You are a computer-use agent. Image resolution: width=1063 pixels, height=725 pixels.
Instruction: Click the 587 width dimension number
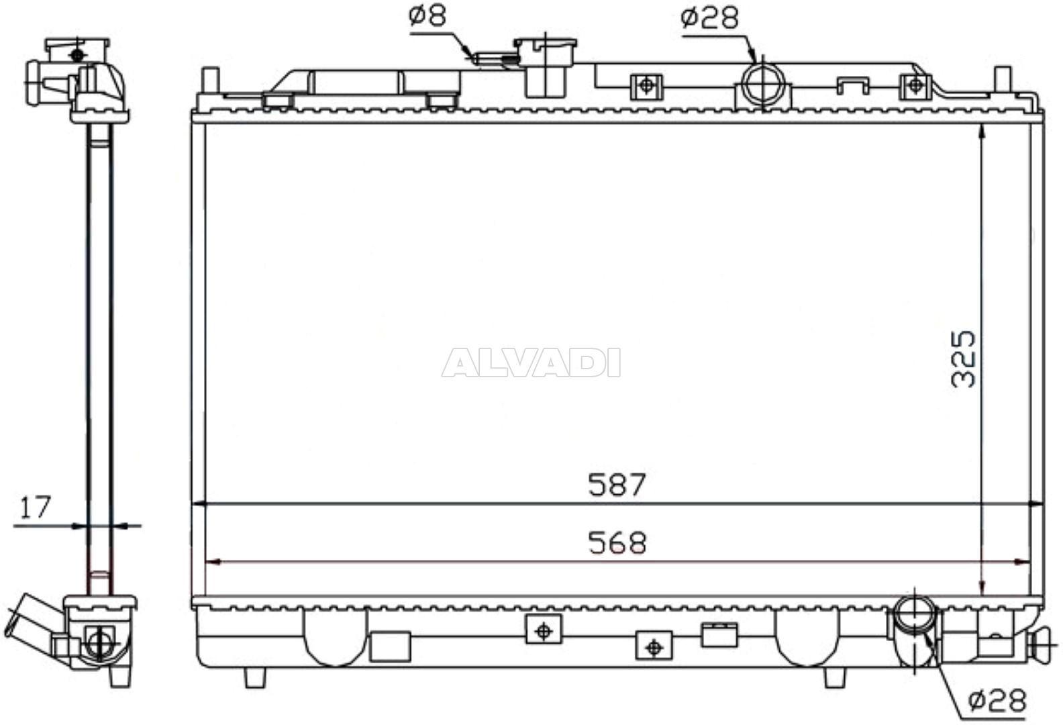pyautogui.click(x=616, y=484)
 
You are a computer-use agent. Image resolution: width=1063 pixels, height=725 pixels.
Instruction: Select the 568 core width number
pyautogui.click(x=616, y=542)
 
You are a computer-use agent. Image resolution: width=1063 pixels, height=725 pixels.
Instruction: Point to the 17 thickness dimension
pyautogui.click(x=35, y=507)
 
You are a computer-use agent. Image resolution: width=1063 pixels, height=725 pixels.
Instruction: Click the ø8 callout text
pyautogui.click(x=427, y=15)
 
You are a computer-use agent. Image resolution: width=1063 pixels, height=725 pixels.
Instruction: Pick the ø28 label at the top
pyautogui.click(x=709, y=17)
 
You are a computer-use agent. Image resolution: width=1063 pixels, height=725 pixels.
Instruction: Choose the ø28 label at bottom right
pyautogui.click(x=997, y=701)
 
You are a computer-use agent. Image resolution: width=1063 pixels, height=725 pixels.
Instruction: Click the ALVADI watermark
pyautogui.click(x=531, y=362)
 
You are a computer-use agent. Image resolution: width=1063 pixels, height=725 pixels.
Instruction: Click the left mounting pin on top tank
pyautogui.click(x=210, y=79)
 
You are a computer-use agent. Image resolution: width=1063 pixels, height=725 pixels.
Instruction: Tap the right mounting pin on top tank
pyautogui.click(x=1002, y=79)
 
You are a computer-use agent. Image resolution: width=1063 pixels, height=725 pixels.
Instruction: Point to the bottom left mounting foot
pyautogui.click(x=255, y=677)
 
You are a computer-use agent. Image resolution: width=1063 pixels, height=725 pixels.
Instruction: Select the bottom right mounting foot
pyautogui.click(x=834, y=677)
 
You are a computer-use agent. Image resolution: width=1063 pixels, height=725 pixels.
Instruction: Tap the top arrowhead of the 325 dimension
pyautogui.click(x=982, y=132)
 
